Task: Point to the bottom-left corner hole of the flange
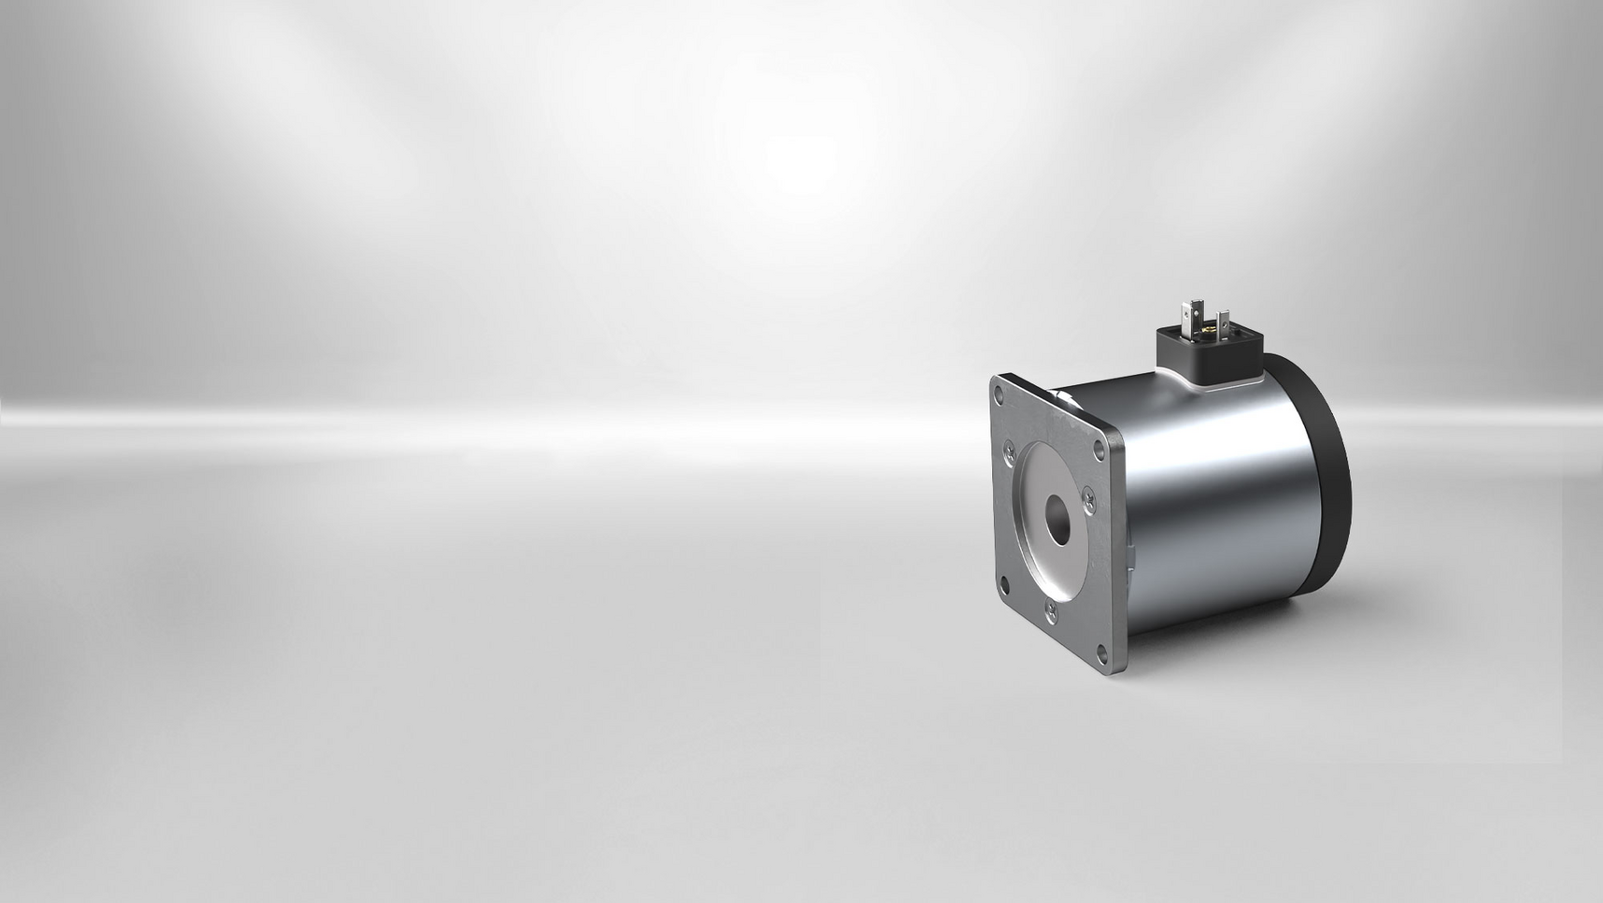1004,586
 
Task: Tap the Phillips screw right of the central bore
1087,500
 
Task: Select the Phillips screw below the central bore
1052,612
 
